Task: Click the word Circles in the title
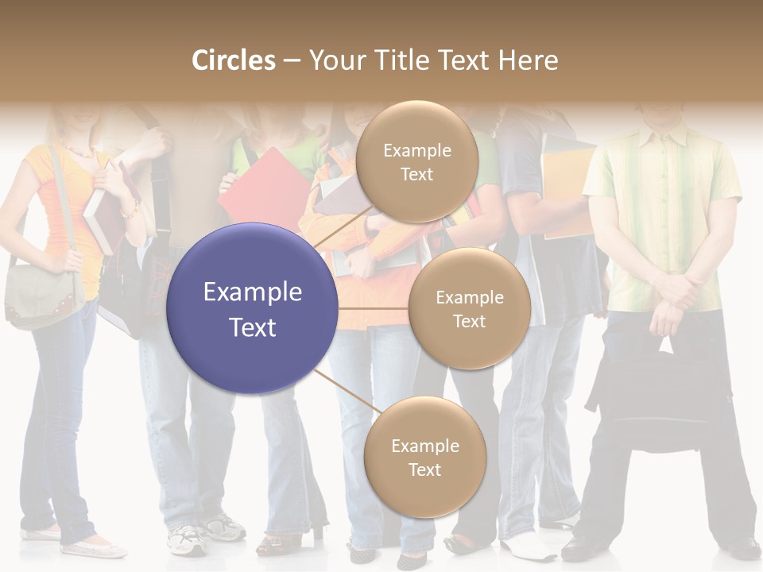pyautogui.click(x=234, y=60)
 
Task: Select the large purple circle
pyautogui.click(x=252, y=308)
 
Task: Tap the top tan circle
pyautogui.click(x=416, y=161)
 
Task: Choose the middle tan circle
pyautogui.click(x=469, y=308)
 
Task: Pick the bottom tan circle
pyautogui.click(x=424, y=457)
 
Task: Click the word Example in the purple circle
pyautogui.click(x=252, y=292)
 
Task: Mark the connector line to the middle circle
pyautogui.click(x=374, y=308)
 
